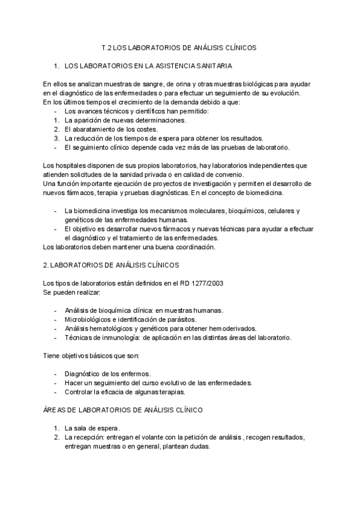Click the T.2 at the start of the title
pos(106,46)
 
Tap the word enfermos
pos(134,374)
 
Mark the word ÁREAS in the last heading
pos(55,411)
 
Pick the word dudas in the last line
pos(198,447)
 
